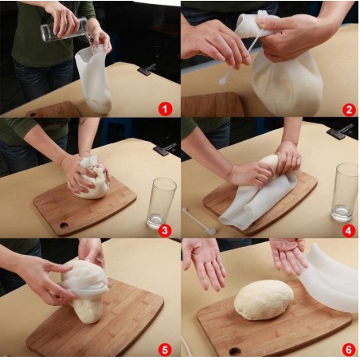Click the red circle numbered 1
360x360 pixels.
pos(165,109)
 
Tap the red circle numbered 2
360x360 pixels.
pos(349,109)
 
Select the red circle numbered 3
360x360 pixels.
pos(165,230)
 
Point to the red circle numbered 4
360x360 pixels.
pos(349,230)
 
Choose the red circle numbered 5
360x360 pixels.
pos(165,350)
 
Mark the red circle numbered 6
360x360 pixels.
pos(349,350)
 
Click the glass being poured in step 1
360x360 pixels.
pos(64,29)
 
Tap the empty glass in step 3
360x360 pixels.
pos(161,203)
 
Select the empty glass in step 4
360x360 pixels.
pos(345,192)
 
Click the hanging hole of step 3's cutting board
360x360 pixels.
pos(64,225)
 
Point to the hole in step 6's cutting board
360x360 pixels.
pos(235,352)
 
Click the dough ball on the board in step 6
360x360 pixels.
pos(264,299)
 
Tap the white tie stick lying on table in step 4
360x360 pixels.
pos(198,221)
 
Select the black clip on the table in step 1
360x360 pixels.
pos(147,68)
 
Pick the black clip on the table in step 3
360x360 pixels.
pos(165,149)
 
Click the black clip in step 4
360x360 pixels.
pos(340,131)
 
